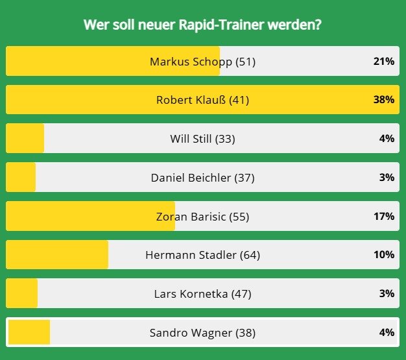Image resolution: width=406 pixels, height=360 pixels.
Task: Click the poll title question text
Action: click(x=203, y=25)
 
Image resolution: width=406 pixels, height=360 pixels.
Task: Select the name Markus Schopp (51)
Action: click(x=203, y=62)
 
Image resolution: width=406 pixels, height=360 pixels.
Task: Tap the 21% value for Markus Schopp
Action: click(x=384, y=62)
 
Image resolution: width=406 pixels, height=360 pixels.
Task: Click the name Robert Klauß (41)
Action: click(x=203, y=100)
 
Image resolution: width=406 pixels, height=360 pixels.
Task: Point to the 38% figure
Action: click(x=384, y=100)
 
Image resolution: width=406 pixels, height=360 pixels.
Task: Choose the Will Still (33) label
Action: click(x=203, y=139)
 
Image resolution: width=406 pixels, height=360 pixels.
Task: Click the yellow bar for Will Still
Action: click(x=25, y=139)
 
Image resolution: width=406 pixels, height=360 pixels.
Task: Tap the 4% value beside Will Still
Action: click(x=387, y=139)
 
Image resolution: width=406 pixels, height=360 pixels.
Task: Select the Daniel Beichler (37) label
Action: click(x=203, y=177)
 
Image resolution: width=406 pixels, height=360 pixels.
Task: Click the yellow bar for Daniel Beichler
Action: click(x=21, y=177)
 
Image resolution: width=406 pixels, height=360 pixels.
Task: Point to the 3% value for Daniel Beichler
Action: click(x=387, y=177)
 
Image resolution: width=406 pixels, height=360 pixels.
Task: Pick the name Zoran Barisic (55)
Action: click(x=203, y=216)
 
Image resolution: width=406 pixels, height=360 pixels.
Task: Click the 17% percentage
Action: click(x=384, y=216)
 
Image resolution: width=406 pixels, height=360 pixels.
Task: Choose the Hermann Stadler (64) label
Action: click(x=203, y=255)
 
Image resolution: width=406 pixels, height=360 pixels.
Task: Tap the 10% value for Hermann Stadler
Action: click(x=384, y=255)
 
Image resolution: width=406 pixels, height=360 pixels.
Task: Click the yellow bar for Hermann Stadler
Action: click(x=57, y=255)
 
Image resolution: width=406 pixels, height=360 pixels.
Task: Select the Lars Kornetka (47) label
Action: click(x=203, y=294)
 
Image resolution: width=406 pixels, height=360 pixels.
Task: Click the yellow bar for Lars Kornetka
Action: click(x=22, y=294)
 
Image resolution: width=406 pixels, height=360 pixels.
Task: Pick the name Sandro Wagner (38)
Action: click(x=203, y=333)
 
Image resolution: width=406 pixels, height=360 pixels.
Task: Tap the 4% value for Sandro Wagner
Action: click(x=387, y=333)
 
